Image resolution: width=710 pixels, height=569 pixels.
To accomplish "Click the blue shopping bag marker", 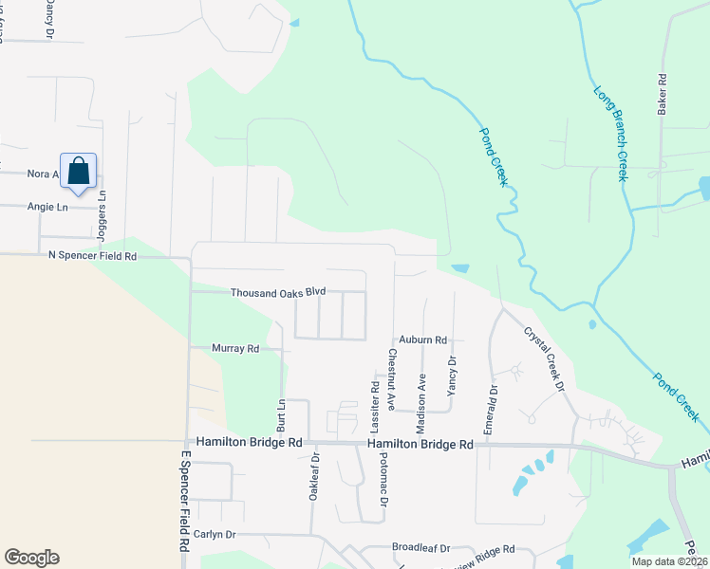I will click(x=79, y=171).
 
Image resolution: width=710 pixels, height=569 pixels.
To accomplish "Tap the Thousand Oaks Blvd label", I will click(x=278, y=293).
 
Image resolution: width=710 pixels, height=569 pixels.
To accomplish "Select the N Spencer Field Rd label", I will click(x=92, y=256).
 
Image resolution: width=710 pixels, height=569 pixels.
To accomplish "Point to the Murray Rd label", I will click(x=235, y=349).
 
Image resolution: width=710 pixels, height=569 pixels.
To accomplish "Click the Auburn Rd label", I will click(x=422, y=340).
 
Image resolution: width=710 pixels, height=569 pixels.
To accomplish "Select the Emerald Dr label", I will click(x=491, y=409).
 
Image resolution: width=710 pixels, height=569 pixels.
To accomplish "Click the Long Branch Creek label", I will click(x=611, y=134).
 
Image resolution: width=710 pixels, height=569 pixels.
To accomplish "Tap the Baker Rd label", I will click(x=663, y=95).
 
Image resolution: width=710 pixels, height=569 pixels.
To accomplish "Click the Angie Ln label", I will click(x=48, y=207).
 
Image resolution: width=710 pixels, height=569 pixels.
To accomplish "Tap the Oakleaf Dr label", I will click(x=313, y=474).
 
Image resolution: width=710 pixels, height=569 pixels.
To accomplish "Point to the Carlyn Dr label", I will click(x=214, y=534).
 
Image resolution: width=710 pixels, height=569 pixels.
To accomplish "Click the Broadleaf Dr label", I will click(x=420, y=548).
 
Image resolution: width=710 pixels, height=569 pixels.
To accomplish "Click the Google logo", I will click(x=31, y=558).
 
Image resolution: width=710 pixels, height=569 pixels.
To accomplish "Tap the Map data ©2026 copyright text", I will click(x=668, y=561).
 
